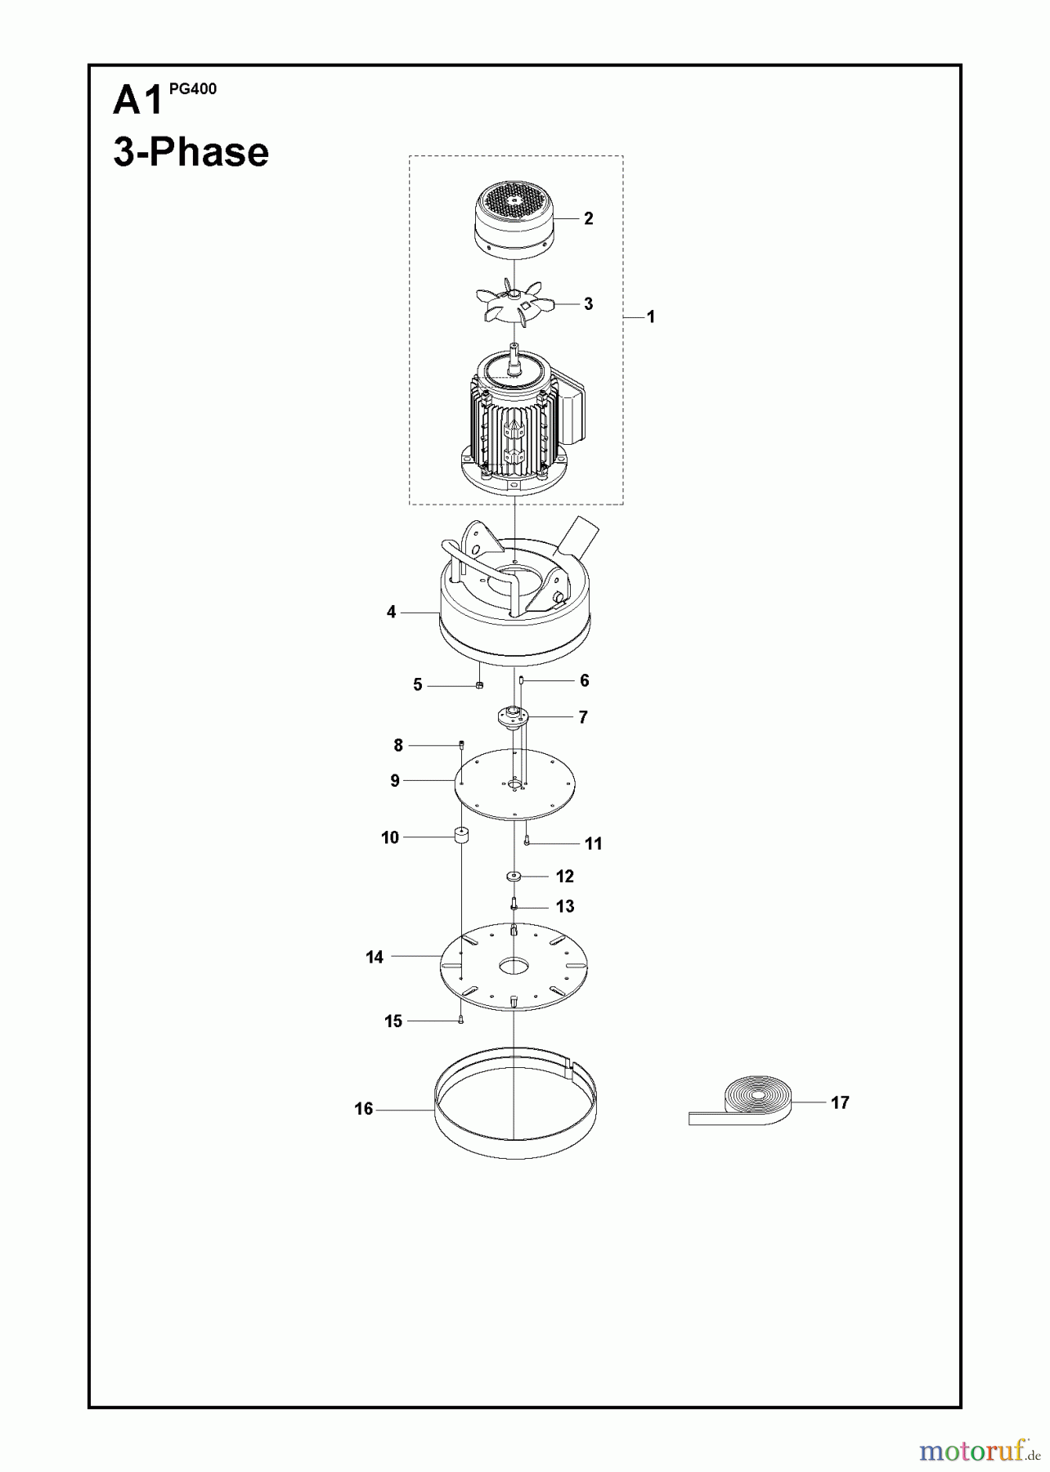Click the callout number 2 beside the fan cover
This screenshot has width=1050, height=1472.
click(x=588, y=218)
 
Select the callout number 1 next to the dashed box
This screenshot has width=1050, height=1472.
click(x=651, y=316)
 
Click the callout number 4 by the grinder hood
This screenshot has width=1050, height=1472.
click(x=391, y=612)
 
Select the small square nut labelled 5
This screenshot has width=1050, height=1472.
click(x=480, y=685)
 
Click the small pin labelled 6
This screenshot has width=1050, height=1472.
click(x=521, y=680)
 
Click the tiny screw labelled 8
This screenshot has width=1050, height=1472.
click(x=461, y=743)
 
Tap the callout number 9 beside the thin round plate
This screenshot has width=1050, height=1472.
click(x=395, y=781)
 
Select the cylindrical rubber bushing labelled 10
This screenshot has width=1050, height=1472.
click(x=461, y=837)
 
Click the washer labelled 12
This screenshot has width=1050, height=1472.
click(x=514, y=876)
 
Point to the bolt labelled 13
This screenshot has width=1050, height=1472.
click(x=514, y=905)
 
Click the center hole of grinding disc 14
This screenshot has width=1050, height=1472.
click(x=514, y=966)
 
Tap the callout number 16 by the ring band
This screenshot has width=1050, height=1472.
click(x=363, y=1109)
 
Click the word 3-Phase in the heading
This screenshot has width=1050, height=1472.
click(x=191, y=153)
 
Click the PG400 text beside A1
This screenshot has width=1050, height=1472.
click(x=193, y=89)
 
